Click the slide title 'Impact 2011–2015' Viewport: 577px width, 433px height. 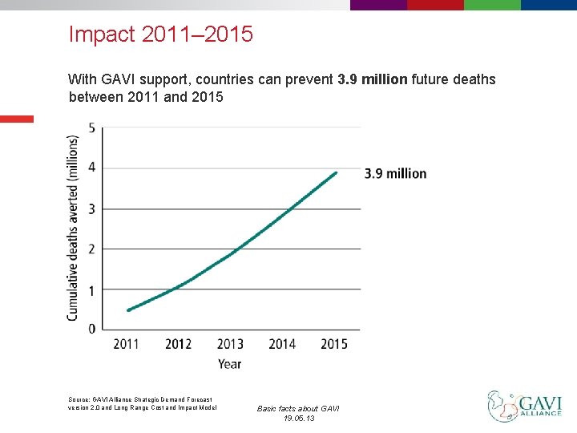(x=161, y=34)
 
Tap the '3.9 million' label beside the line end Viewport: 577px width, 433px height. (x=396, y=174)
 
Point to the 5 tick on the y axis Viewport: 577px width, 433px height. (x=92, y=128)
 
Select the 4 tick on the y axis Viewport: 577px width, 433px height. (x=92, y=168)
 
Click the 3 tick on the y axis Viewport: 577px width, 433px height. (x=92, y=209)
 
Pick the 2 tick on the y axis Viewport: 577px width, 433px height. (x=92, y=249)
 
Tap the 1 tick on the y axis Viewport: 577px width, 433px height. (x=92, y=290)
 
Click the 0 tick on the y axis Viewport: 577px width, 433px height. (x=92, y=329)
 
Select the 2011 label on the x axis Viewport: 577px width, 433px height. (x=127, y=344)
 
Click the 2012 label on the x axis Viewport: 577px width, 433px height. (x=178, y=344)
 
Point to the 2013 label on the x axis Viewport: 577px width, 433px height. (x=230, y=344)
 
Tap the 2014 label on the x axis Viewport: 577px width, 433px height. (x=282, y=344)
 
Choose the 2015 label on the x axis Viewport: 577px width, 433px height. (x=334, y=344)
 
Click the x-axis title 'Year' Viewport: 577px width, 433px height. (x=229, y=364)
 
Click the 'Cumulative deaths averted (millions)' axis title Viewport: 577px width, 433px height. (x=73, y=228)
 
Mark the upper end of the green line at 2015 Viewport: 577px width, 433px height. (x=336, y=172)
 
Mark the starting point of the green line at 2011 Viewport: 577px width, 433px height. (x=128, y=310)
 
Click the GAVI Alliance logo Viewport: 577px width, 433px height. (x=524, y=404)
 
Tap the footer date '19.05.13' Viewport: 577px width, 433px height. (x=298, y=419)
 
